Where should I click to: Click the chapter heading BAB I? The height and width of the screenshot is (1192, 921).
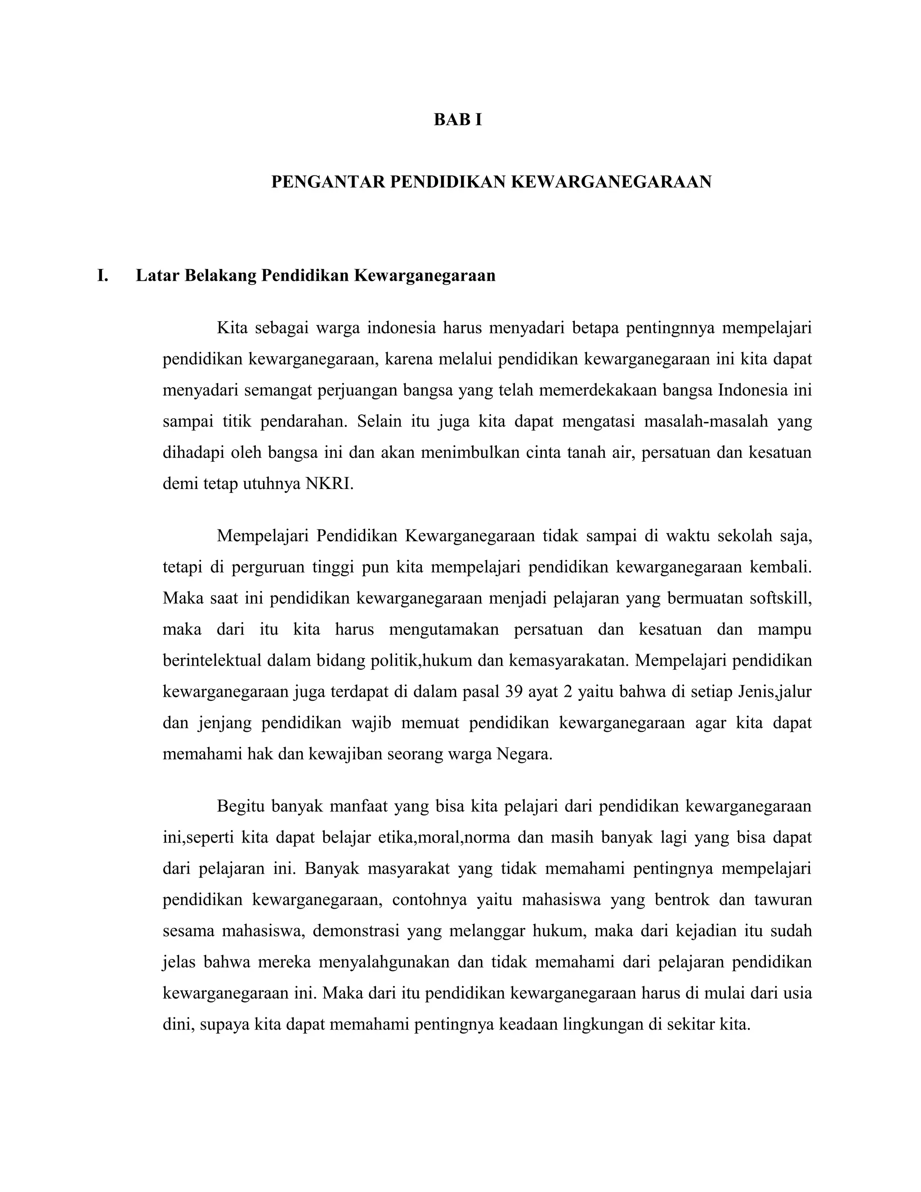click(x=458, y=120)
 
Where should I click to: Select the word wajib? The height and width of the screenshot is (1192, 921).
click(x=371, y=723)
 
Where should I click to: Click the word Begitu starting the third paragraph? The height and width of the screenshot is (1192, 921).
click(x=240, y=806)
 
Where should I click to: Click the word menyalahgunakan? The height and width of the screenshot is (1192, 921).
click(x=384, y=962)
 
